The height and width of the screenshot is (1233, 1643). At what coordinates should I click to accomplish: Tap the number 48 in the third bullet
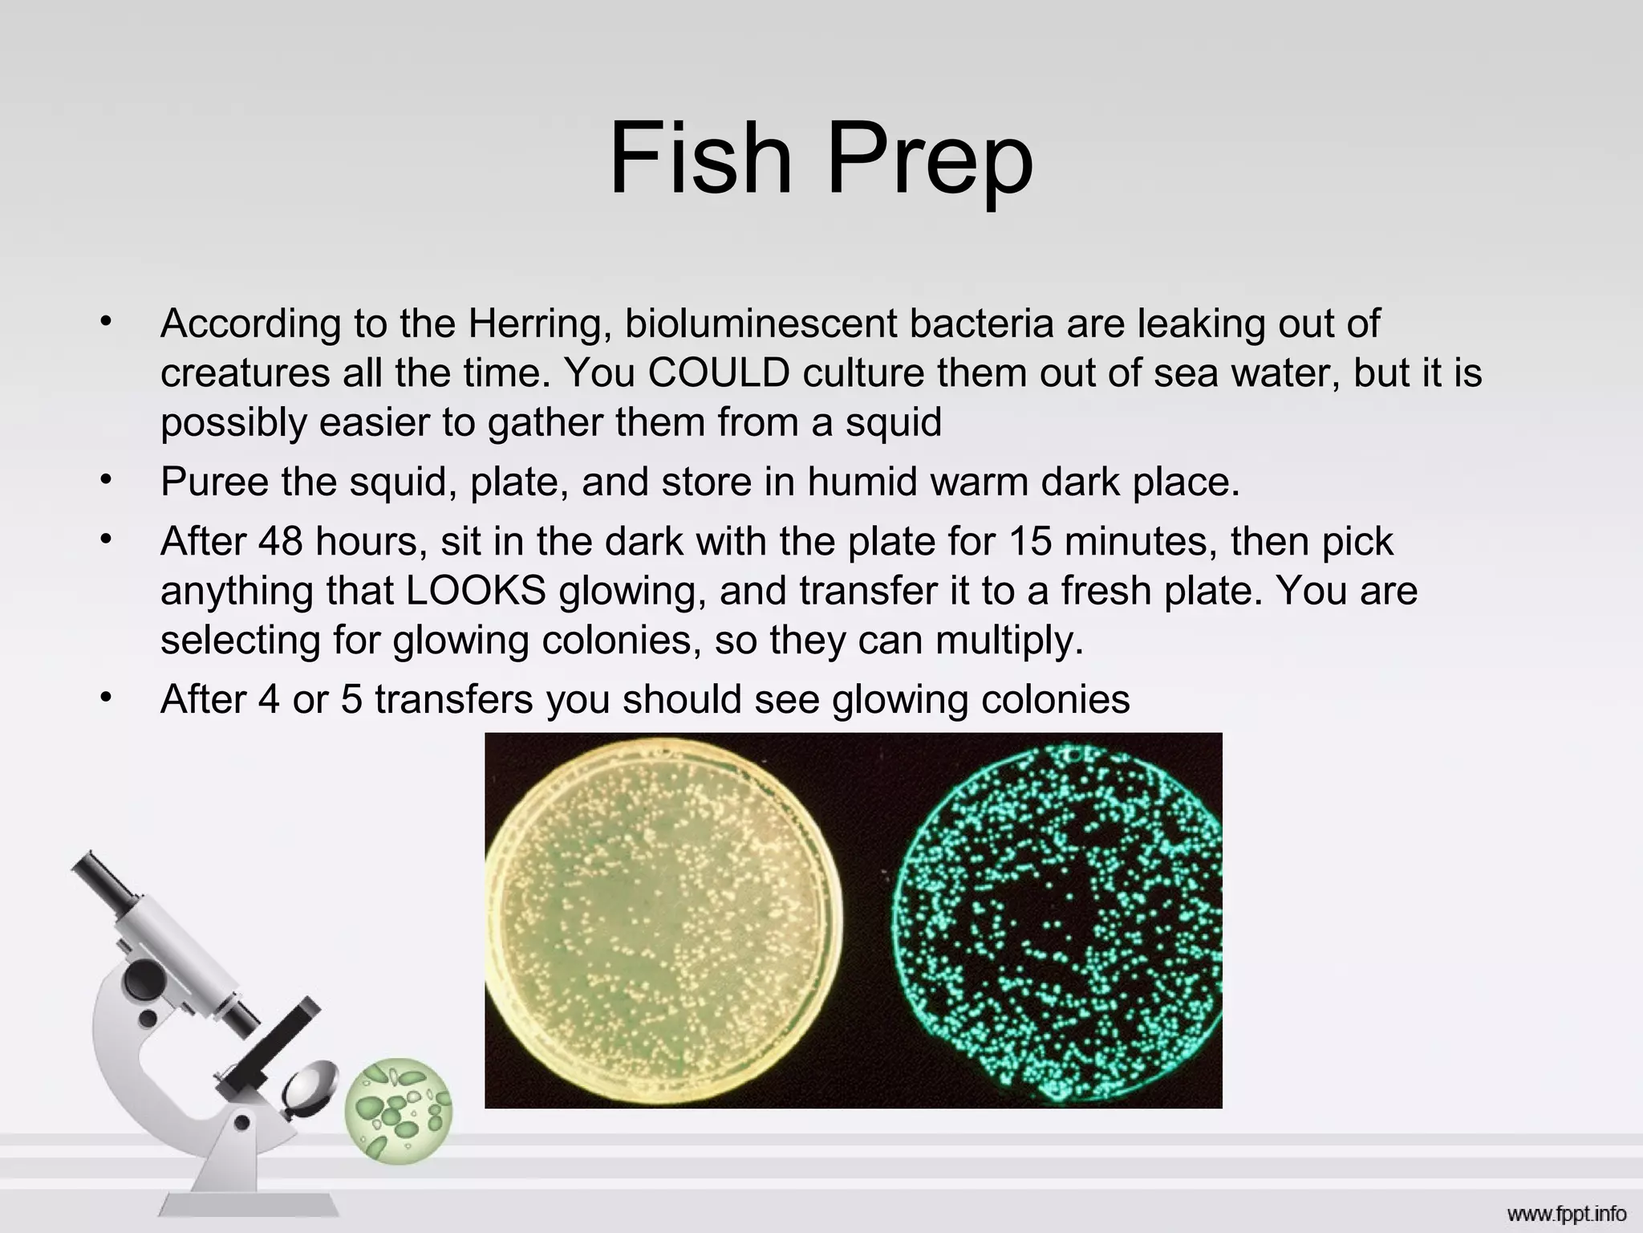(280, 542)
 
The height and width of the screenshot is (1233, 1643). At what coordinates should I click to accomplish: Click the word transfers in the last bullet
(453, 699)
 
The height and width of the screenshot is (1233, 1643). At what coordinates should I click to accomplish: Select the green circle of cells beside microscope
(399, 1111)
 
